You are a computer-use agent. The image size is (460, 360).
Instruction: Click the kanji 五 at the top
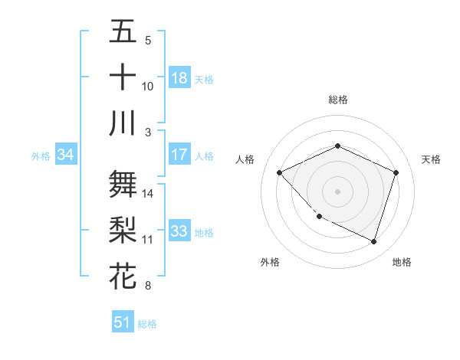click(123, 31)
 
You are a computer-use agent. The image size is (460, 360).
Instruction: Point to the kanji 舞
click(123, 185)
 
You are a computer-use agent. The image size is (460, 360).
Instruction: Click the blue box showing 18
click(179, 78)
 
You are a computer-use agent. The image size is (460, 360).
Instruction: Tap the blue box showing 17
click(179, 155)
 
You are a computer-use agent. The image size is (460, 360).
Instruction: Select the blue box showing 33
click(179, 231)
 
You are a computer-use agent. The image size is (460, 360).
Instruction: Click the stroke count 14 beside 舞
click(148, 194)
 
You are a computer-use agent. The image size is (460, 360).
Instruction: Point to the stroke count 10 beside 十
click(148, 87)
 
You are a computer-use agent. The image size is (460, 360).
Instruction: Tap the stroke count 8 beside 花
click(148, 286)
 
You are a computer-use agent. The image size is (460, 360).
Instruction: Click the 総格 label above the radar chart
click(338, 100)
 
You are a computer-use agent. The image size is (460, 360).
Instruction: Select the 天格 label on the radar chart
click(432, 159)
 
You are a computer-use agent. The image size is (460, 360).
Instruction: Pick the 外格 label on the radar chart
click(270, 262)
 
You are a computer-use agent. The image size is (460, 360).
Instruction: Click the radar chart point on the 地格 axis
click(374, 242)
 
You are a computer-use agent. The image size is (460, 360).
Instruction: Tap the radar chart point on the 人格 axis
click(280, 172)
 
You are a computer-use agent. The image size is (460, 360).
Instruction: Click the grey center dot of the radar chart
click(338, 191)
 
